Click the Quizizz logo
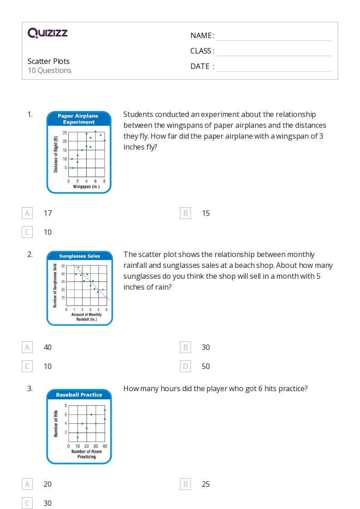pyautogui.click(x=48, y=33)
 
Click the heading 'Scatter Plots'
pyautogui.click(x=49, y=61)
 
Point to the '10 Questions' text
pyautogui.click(x=49, y=70)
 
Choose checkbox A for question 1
pyautogui.click(x=27, y=213)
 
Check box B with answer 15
pyautogui.click(x=185, y=213)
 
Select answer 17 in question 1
pyautogui.click(x=48, y=213)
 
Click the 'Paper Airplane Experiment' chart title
pyautogui.click(x=79, y=119)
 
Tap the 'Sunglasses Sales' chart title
pyautogui.click(x=79, y=256)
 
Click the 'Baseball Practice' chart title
pyautogui.click(x=79, y=395)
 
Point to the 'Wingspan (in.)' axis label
pyautogui.click(x=86, y=186)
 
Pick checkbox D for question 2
pyautogui.click(x=185, y=366)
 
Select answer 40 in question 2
pyautogui.click(x=48, y=347)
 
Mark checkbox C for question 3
pyautogui.click(x=27, y=503)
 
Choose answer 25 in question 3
pyautogui.click(x=206, y=484)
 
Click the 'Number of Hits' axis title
pyautogui.click(x=56, y=423)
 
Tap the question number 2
pyautogui.click(x=30, y=254)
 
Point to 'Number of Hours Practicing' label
pyautogui.click(x=86, y=454)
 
